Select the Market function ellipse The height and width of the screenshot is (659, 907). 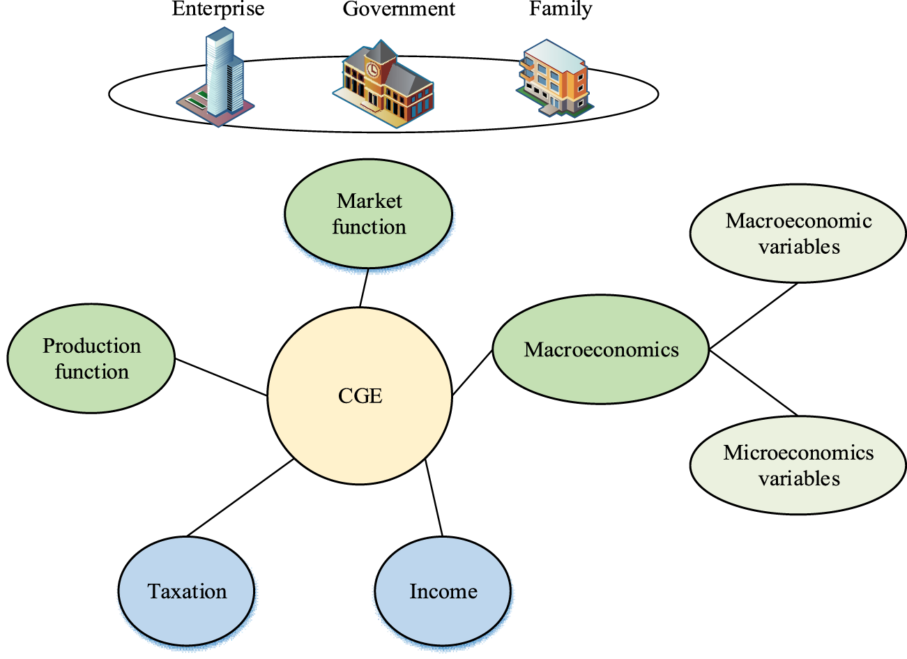coord(368,214)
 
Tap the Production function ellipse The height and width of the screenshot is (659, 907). coord(91,358)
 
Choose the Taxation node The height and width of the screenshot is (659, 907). coord(187,591)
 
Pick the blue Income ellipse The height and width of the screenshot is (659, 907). coord(443,591)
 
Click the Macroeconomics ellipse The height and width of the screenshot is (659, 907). coord(601,349)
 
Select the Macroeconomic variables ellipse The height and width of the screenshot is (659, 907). coord(798,234)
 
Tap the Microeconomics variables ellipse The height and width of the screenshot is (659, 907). coord(798,465)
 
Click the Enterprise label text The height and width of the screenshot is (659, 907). coord(218,9)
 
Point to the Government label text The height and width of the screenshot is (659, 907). coord(399,9)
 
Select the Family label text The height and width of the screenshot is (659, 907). coord(561,9)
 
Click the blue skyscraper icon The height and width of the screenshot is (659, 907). coord(222,73)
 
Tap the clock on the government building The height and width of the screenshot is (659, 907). coord(373,70)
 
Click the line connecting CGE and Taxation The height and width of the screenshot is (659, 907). coord(241,497)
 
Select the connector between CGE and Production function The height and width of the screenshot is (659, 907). coord(221,377)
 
